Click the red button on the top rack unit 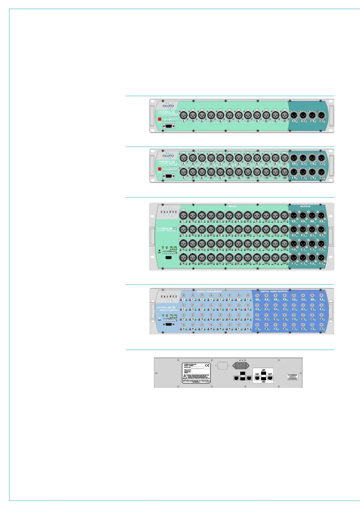pyautogui.click(x=160, y=119)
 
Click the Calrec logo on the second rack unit pyautogui.click(x=168, y=156)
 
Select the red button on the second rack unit pyautogui.click(x=160, y=170)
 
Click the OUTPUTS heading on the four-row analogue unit pyautogui.click(x=305, y=206)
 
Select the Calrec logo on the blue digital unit pyautogui.click(x=168, y=296)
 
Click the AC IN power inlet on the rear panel pyautogui.click(x=241, y=366)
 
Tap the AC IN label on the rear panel pyautogui.click(x=241, y=360)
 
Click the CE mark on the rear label pyautogui.click(x=207, y=365)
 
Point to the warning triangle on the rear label pyautogui.click(x=184, y=377)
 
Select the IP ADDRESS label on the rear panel pyautogui.click(x=292, y=375)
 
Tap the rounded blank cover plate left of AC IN pyautogui.click(x=222, y=366)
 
